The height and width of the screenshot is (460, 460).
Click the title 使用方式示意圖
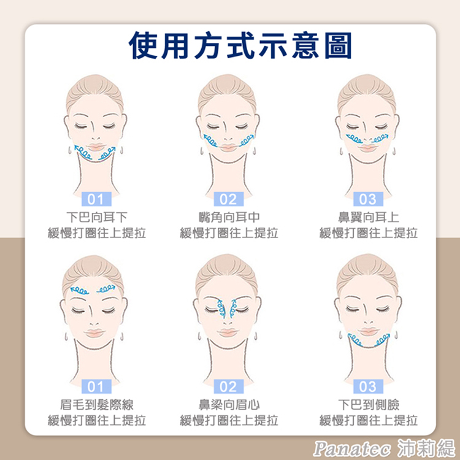(240, 46)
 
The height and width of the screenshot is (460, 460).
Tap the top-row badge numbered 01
(96, 199)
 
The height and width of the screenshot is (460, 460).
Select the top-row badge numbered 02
(229, 199)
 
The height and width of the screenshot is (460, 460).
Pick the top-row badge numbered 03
(368, 199)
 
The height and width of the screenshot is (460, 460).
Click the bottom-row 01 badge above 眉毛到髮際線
(96, 386)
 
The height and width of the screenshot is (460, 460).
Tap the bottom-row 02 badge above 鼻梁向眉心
(229, 386)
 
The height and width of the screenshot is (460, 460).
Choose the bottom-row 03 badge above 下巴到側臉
(368, 386)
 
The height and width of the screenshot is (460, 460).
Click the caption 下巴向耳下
(96, 217)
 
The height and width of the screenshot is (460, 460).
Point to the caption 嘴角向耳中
(229, 217)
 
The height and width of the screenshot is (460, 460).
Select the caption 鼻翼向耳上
(369, 217)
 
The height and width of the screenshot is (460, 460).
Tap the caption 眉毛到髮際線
(96, 405)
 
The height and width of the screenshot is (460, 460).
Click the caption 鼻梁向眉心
(229, 405)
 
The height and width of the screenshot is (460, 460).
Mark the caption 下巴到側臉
(369, 405)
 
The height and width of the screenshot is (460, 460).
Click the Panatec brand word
(352, 448)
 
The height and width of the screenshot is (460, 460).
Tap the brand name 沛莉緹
(426, 448)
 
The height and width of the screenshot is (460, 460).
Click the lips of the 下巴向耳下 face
(96, 147)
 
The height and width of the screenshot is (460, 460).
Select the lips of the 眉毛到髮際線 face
(94, 333)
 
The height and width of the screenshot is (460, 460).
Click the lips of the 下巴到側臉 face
(369, 331)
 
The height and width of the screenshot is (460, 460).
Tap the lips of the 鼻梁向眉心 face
(228, 332)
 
